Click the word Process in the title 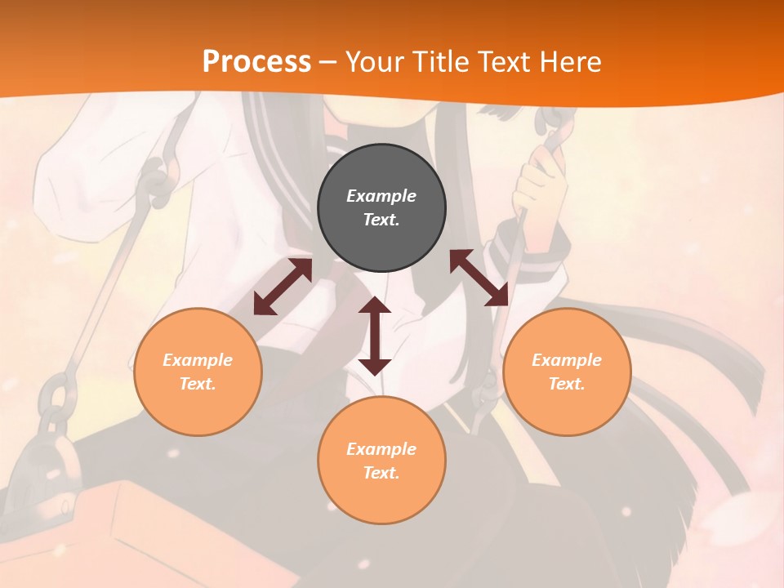click(256, 62)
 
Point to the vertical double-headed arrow click(375, 336)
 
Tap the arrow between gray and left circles click(283, 287)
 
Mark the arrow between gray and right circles click(479, 278)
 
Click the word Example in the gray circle click(381, 196)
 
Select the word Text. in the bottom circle click(381, 473)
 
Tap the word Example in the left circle click(198, 360)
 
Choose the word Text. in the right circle click(567, 384)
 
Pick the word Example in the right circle click(567, 360)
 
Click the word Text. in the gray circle click(381, 220)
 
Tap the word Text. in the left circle click(198, 384)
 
